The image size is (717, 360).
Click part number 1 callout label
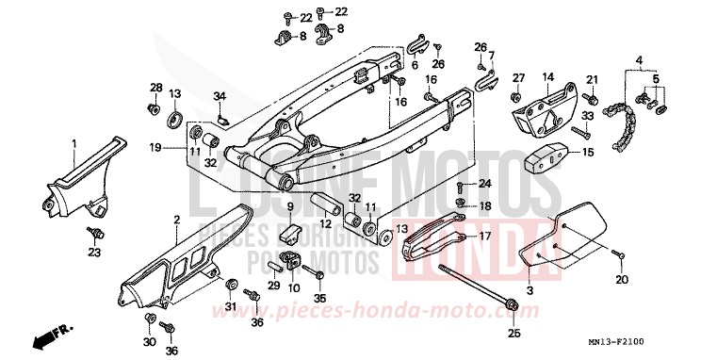[73, 143]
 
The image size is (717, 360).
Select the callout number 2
[176, 221]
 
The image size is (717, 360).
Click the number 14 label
[547, 77]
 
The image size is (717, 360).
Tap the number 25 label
[514, 333]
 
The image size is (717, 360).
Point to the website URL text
[358, 311]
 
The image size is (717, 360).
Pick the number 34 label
[220, 96]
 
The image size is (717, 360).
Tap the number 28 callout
[155, 88]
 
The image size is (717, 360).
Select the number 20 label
[621, 281]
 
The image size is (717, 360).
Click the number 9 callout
[291, 206]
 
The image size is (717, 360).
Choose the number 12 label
[325, 223]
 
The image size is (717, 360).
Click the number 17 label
[486, 236]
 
